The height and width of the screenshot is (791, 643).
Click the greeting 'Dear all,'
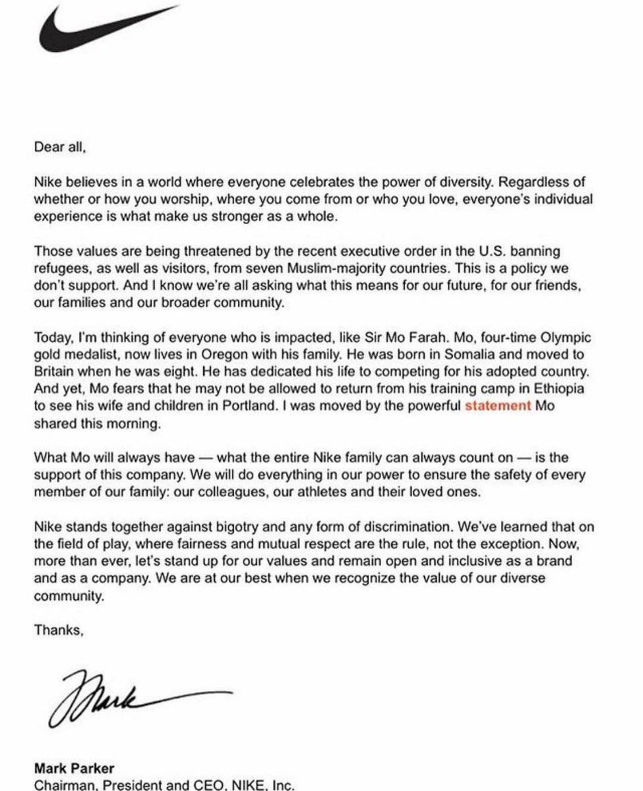point(60,148)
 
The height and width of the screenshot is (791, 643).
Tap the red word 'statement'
point(498,406)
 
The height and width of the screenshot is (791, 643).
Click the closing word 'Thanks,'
point(59,630)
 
